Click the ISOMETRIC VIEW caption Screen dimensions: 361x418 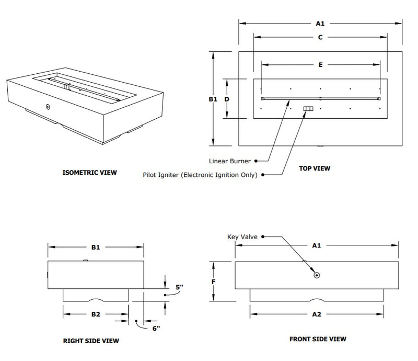(89, 172)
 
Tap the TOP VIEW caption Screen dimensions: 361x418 (315, 168)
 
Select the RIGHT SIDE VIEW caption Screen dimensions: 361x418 (91, 341)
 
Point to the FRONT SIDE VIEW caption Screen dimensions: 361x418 (318, 339)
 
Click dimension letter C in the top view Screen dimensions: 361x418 (320, 37)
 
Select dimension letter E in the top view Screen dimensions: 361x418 (320, 64)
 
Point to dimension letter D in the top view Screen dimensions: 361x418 (227, 98)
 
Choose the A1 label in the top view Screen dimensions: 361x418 (320, 23)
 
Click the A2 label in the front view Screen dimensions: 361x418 (317, 314)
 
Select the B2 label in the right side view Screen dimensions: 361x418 (95, 314)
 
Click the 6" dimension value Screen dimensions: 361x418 (156, 328)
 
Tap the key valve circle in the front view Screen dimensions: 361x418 (317, 275)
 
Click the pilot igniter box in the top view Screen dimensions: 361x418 (308, 109)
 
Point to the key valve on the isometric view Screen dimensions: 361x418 (48, 107)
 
